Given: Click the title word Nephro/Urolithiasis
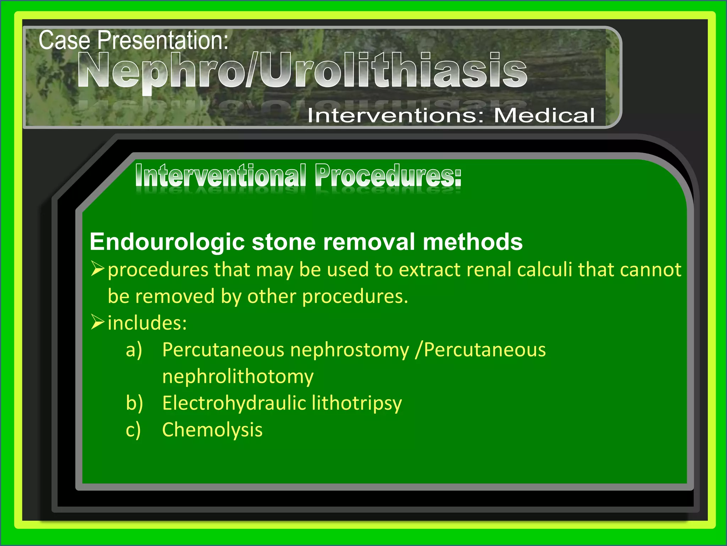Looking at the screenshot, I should tap(302, 70).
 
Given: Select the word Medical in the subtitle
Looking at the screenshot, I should tap(544, 116).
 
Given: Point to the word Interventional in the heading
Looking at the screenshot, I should tap(220, 175).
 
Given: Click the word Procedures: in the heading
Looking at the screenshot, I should tap(388, 175).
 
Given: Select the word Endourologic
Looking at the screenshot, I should tap(167, 242).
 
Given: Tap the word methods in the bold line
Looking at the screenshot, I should tap(472, 242).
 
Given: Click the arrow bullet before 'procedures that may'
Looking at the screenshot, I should tap(97, 269).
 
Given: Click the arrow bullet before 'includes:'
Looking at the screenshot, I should tap(97, 322).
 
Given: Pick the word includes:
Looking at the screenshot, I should tap(147, 323).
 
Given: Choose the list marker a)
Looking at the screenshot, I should tap(134, 349).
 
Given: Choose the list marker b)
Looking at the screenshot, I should tap(134, 403).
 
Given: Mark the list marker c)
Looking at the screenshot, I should tap(133, 429).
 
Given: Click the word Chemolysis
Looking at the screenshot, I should tap(212, 429).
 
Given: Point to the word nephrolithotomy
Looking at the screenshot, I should tap(238, 376).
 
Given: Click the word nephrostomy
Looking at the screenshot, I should tap(349, 350).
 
